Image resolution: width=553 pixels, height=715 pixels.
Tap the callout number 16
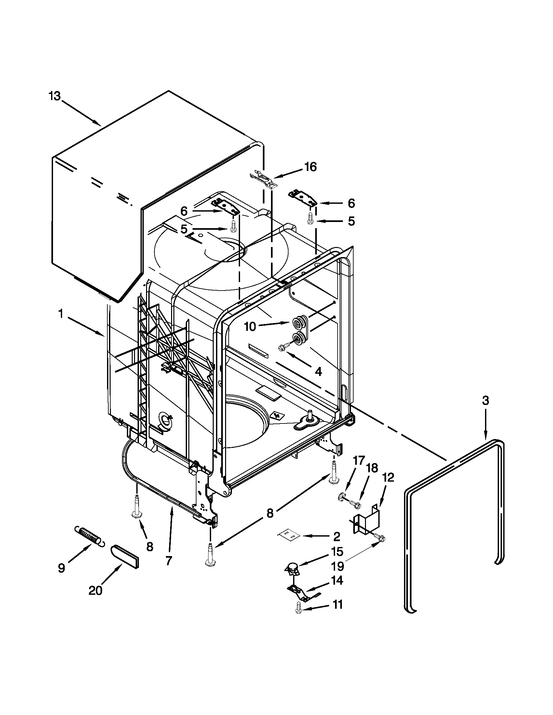click(310, 167)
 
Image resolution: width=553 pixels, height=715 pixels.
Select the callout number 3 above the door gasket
click(485, 400)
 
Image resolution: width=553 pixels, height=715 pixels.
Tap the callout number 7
click(169, 561)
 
